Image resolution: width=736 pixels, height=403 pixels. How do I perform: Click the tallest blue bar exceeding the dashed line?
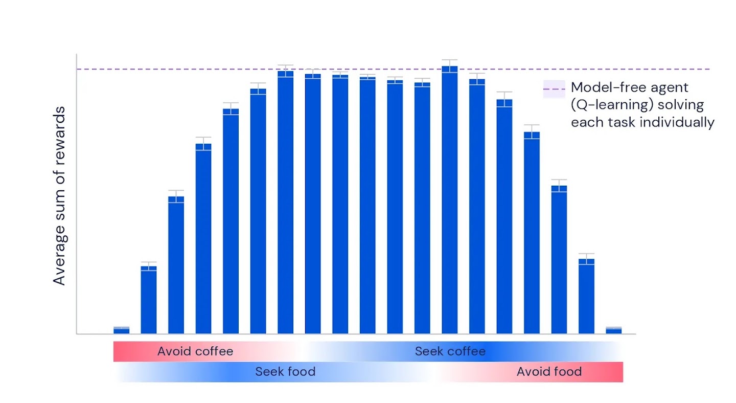point(450,205)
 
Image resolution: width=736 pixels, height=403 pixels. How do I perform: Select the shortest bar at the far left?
point(121,330)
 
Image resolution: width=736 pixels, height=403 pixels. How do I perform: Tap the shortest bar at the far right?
point(613,330)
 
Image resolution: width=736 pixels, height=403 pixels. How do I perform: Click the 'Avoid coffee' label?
point(195,351)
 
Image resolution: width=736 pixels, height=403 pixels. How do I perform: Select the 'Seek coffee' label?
point(450,351)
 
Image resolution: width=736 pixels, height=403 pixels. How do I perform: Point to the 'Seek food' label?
point(285,372)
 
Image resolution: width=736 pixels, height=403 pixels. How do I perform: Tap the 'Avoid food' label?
point(549,372)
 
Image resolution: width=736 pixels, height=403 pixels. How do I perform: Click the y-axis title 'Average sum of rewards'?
point(60,195)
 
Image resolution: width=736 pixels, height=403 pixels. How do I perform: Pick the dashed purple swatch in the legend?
point(554,89)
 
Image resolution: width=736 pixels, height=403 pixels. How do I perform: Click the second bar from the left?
point(149,302)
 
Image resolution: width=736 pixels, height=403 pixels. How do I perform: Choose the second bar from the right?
point(586,297)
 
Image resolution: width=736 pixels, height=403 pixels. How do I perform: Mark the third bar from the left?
point(176,266)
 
